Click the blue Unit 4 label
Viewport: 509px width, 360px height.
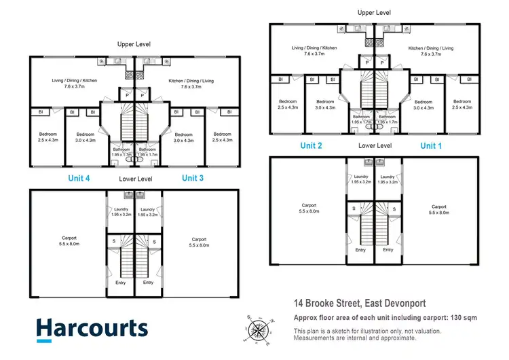click(79, 178)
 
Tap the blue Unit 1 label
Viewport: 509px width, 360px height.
click(431, 145)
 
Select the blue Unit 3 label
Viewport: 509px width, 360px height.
click(193, 178)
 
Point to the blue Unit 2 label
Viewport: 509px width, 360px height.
click(310, 145)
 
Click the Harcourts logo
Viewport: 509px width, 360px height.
click(92, 328)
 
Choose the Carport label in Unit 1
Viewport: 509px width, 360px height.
click(438, 209)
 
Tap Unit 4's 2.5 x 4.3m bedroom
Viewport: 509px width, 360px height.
click(47, 137)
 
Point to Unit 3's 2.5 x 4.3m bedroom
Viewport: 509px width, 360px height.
click(222, 137)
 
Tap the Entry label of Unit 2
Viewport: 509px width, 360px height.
click(360, 249)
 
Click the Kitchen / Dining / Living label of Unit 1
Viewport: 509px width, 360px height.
click(434, 50)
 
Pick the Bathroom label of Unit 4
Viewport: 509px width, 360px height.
click(121, 151)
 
